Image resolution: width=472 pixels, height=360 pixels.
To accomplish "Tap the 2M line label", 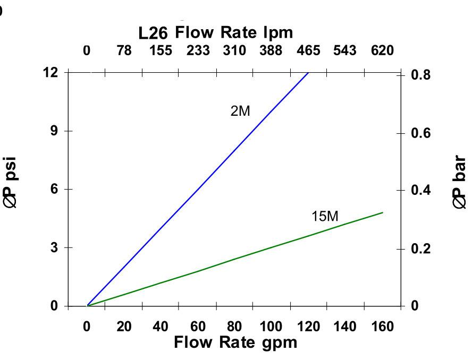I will [x=240, y=112].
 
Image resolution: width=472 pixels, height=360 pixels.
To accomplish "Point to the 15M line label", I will [x=324, y=217].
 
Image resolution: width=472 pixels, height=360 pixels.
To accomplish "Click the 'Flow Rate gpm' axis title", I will [x=235, y=342].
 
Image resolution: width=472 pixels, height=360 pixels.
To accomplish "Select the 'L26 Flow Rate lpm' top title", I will [x=215, y=33].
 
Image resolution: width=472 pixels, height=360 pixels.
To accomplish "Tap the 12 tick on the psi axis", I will [x=51, y=72].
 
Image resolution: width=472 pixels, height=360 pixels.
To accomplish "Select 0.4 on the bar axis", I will [x=421, y=190].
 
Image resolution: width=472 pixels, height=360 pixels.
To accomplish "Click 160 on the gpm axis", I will [x=382, y=327].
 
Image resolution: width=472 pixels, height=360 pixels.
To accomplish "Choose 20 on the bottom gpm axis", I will [x=124, y=327].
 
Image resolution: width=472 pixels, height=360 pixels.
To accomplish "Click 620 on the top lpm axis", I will [x=382, y=51].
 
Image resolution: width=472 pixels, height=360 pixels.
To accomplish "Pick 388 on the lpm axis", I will [x=271, y=51].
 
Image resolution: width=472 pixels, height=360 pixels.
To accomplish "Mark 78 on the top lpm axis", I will [x=124, y=51].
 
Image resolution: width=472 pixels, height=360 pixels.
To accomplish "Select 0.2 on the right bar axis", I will [x=421, y=248].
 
